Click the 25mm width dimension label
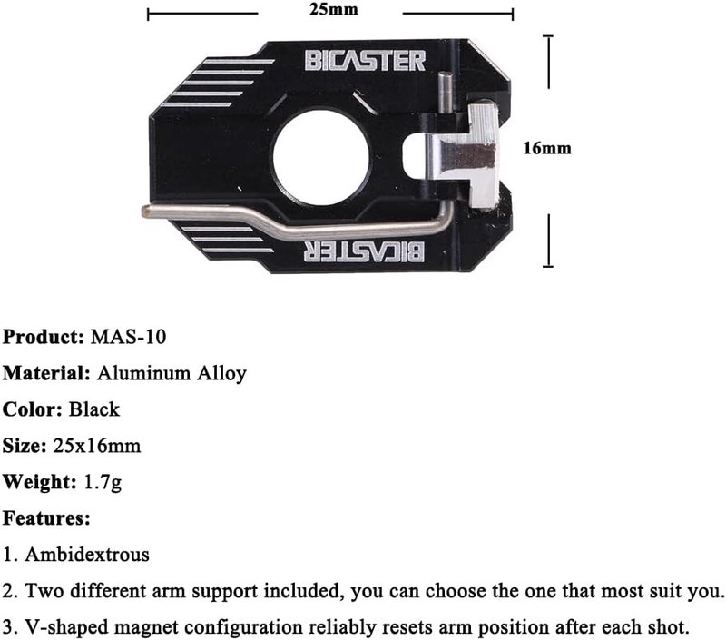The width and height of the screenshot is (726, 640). click(x=333, y=9)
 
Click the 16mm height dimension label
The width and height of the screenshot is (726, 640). click(x=547, y=148)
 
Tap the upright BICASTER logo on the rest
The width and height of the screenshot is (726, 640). click(x=365, y=61)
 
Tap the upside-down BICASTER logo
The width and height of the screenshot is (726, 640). click(x=364, y=251)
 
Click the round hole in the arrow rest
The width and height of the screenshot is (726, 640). click(x=321, y=157)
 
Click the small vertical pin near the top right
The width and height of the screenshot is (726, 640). click(x=446, y=93)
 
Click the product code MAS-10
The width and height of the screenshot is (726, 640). click(x=128, y=337)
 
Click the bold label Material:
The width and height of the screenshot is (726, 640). click(x=46, y=373)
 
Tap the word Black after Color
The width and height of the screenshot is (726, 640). click(x=94, y=409)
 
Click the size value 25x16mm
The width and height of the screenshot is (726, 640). click(x=97, y=446)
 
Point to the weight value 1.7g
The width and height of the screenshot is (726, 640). click(x=103, y=483)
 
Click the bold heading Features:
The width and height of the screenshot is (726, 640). click(x=46, y=518)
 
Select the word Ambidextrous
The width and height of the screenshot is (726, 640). click(x=87, y=555)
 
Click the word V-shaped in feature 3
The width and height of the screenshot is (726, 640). click(x=66, y=628)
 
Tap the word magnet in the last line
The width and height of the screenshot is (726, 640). click(x=146, y=628)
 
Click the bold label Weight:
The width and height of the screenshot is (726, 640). click(x=39, y=483)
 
